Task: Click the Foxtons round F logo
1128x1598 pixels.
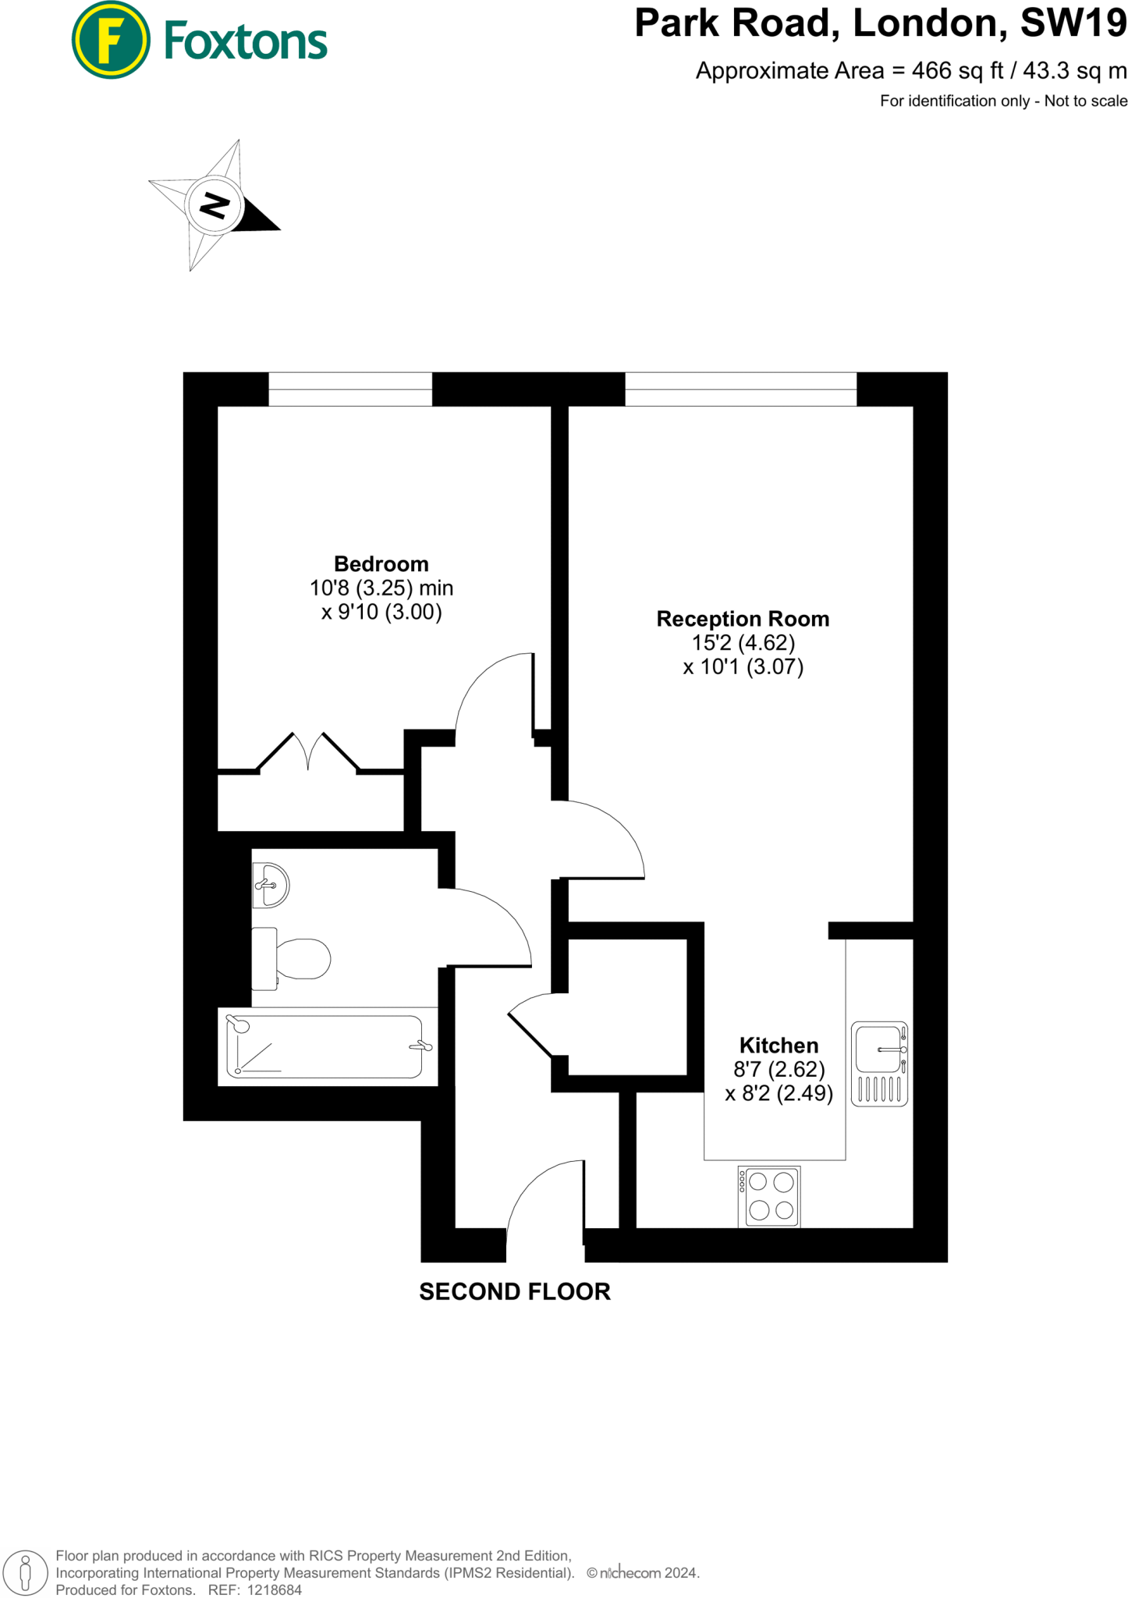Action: coord(110,41)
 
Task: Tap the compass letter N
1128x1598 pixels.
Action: coord(215,205)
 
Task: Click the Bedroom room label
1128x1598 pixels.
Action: coord(381,563)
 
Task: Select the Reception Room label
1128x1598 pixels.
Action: coord(742,619)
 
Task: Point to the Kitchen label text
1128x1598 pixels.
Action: coord(779,1045)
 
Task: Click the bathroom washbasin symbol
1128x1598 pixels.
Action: coord(270,886)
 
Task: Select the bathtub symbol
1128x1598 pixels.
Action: coord(327,1047)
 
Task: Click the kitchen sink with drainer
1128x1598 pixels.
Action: coord(879,1063)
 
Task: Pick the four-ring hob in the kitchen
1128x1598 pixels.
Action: coord(770,1196)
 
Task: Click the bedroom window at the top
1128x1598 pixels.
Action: coord(350,389)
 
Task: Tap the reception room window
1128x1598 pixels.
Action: coord(740,389)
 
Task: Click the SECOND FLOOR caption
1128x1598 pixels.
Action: coord(515,1291)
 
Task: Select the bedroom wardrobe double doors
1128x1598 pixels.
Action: coord(308,752)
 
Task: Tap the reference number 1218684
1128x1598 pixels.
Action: coord(274,1589)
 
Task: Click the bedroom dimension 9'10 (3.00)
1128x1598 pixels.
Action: coord(381,612)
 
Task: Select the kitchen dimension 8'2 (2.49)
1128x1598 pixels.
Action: coord(779,1093)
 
